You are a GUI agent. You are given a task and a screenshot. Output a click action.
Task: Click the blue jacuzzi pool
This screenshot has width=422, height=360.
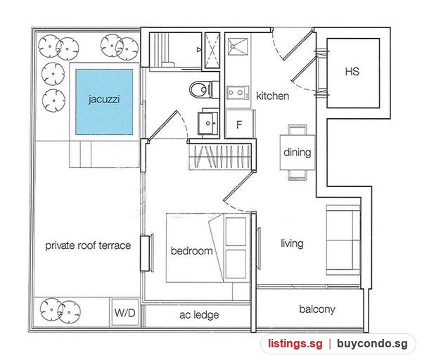[104, 102]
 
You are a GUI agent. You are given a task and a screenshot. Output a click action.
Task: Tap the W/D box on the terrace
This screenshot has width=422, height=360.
[125, 312]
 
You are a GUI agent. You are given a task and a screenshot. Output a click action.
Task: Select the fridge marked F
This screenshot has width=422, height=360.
[240, 124]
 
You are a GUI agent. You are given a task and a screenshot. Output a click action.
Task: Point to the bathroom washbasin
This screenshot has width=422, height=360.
[207, 123]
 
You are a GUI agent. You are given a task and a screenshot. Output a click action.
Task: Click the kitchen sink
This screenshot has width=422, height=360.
[238, 46]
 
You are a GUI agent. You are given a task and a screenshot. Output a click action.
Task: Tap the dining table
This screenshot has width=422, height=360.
[297, 153]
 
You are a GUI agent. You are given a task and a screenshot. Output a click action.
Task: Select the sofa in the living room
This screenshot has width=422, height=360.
[343, 240]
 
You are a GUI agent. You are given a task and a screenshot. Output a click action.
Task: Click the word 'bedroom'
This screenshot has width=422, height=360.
[191, 251]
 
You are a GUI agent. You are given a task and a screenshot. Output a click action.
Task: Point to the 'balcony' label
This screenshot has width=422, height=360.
[317, 309]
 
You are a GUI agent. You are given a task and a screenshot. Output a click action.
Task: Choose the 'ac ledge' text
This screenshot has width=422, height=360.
[199, 314]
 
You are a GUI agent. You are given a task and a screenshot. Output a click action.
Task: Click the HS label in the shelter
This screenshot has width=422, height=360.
[352, 72]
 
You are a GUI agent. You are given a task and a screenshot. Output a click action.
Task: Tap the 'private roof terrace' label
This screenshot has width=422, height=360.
[88, 245]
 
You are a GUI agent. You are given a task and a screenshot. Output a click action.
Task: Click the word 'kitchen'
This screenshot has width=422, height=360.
[273, 96]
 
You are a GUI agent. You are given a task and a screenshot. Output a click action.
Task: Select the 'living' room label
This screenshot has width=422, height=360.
[292, 243]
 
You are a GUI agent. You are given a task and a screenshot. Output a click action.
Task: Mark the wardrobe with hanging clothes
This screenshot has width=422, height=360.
[220, 157]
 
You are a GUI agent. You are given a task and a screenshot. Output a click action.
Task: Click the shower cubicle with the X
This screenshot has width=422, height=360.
[212, 50]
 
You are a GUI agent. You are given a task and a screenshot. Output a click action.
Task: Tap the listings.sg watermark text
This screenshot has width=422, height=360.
[295, 344]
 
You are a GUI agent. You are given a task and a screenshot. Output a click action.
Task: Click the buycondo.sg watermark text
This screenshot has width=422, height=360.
[372, 344]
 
